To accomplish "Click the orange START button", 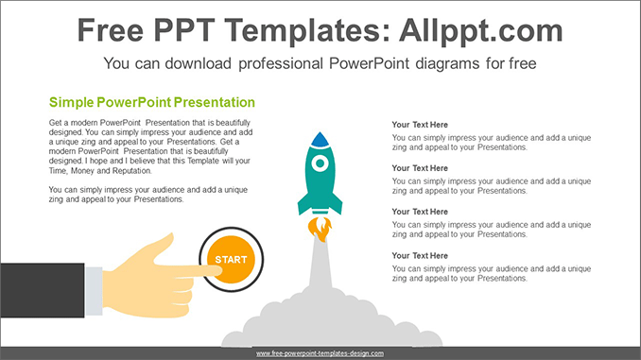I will tap(230, 259).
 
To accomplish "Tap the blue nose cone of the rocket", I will tap(320, 139).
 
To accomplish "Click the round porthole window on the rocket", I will tap(320, 163).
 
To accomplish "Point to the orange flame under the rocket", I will tap(321, 228).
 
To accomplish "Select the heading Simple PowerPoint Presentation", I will tap(151, 102).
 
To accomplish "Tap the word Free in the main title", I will tap(112, 30).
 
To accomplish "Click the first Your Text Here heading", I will tap(420, 125).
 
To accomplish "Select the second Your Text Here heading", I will tap(420, 168).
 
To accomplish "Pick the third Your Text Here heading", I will tap(420, 212).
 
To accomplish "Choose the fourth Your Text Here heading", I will tap(420, 255).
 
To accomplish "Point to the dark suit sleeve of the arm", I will tap(43, 289).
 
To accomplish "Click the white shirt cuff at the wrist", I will tap(94, 289).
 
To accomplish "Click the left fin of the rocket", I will tap(303, 203).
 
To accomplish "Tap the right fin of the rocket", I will tap(337, 203).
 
